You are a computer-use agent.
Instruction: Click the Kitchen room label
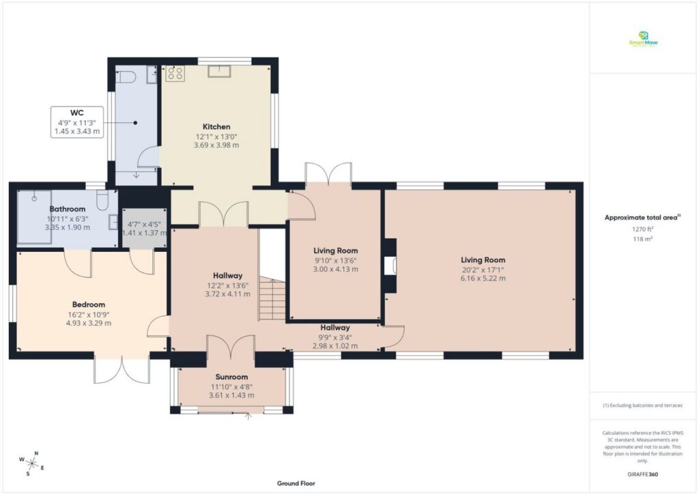pos(216,126)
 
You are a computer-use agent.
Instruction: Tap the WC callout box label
pos(76,113)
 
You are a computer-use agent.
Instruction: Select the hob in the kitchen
pos(173,74)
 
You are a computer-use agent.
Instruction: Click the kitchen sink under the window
pos(221,71)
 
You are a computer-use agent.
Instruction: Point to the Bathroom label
pos(67,209)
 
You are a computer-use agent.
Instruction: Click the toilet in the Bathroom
pos(103,200)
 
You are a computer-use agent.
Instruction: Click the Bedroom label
pos(89,305)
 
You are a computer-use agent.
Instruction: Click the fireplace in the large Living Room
pos(391,265)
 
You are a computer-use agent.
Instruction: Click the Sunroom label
pos(231,377)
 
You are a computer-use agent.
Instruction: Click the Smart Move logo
pos(643,39)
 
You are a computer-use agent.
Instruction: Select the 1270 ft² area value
pos(642,229)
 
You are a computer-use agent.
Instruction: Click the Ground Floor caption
pos(296,483)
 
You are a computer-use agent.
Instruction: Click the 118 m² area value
pos(642,240)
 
